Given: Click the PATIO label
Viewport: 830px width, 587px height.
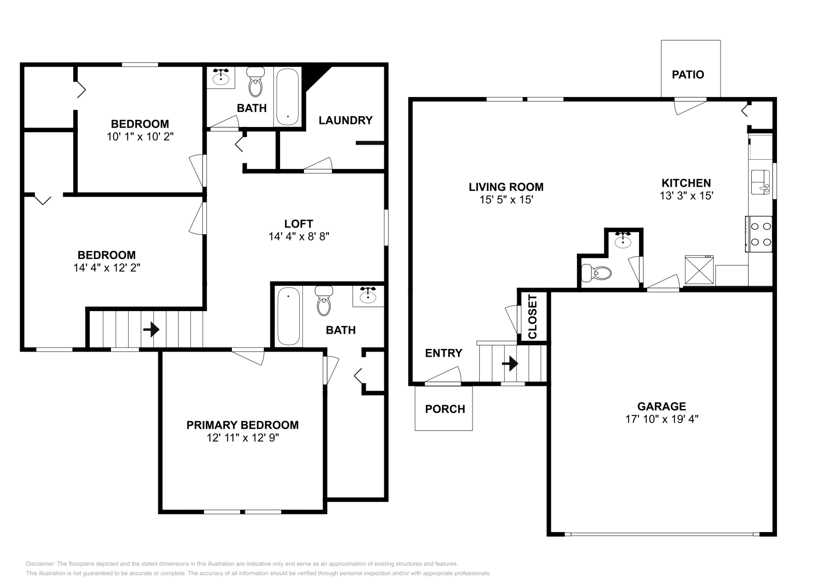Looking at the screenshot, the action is (688, 75).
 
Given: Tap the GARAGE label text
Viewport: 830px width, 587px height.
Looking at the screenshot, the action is (661, 407).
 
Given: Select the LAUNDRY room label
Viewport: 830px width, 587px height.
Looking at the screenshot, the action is (345, 120).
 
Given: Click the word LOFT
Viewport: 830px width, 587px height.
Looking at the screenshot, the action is (299, 223).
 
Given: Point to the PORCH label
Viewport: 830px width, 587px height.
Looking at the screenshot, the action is (445, 409).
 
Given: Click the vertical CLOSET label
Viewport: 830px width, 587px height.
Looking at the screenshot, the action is (532, 317).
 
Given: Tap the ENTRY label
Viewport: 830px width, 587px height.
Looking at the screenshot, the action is (444, 353).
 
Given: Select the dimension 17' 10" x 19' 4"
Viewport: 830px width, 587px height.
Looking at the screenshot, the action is (662, 419).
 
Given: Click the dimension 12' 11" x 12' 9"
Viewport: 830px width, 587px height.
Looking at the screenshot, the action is (243, 438).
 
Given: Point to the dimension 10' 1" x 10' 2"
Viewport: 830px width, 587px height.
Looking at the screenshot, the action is (140, 137).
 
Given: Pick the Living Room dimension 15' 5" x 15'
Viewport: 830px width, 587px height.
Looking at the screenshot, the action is (506, 200).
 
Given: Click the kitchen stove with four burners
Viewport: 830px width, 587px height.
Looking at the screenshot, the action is (759, 234).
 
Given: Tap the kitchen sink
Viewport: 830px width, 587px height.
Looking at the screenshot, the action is (760, 182).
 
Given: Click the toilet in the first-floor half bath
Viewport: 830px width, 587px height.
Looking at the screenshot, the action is (596, 273).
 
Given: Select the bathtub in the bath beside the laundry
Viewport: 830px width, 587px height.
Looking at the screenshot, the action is (287, 97).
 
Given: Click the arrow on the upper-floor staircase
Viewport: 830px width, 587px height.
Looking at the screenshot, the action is (151, 329).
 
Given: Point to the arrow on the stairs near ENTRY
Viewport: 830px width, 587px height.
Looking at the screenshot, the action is (510, 364).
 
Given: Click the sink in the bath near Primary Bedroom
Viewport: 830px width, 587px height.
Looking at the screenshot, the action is (368, 296).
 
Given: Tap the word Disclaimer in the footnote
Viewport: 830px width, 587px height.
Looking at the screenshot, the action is (40, 564).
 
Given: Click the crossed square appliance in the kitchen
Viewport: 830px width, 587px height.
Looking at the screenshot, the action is (699, 270).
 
